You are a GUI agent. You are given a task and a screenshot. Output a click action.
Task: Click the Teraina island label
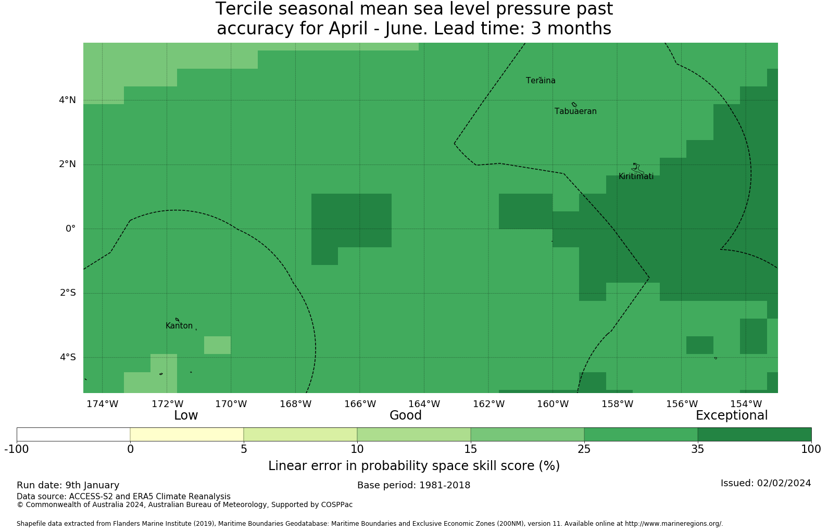(x=541, y=81)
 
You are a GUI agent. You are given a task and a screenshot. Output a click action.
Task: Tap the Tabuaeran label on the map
(x=575, y=111)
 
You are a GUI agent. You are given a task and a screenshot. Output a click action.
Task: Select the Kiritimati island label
(x=636, y=176)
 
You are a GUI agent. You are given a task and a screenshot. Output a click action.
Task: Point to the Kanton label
(x=179, y=326)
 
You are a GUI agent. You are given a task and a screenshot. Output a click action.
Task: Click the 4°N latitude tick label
(x=67, y=100)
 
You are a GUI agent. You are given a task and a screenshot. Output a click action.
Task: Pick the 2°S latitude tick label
(x=68, y=293)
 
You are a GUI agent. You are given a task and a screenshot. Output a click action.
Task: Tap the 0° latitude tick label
(x=71, y=229)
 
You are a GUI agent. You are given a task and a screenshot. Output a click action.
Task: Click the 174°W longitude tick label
(x=103, y=404)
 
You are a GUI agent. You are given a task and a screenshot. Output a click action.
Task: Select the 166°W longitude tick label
(x=360, y=404)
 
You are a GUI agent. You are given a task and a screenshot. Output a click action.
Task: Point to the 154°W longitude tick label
(x=746, y=404)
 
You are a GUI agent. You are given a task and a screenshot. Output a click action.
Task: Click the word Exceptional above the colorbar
(x=732, y=415)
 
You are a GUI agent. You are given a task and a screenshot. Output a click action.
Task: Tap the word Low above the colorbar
(x=186, y=415)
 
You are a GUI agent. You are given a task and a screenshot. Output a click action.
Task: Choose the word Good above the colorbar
(x=406, y=415)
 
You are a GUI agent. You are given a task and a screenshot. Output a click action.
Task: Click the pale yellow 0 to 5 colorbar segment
(x=187, y=435)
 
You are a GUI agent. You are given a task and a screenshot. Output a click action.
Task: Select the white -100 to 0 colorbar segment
(x=73, y=435)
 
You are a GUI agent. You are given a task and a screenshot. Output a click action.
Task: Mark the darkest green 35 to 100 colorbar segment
(x=755, y=435)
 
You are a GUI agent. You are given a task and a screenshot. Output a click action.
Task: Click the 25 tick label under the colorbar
(x=584, y=449)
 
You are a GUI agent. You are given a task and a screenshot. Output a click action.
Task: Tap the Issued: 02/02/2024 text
(x=766, y=483)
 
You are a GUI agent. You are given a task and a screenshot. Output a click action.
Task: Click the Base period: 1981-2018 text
(x=413, y=485)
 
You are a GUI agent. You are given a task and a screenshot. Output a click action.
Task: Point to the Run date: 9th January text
(x=68, y=485)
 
